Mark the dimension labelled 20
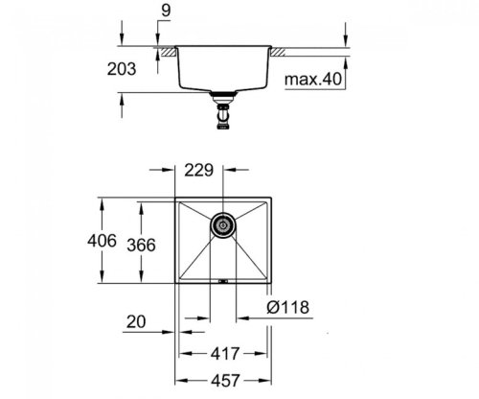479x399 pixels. pyautogui.click(x=139, y=324)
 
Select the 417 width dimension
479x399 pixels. pyautogui.click(x=222, y=352)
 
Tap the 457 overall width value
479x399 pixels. pyautogui.click(x=222, y=379)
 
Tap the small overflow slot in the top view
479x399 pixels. pyautogui.click(x=222, y=282)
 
